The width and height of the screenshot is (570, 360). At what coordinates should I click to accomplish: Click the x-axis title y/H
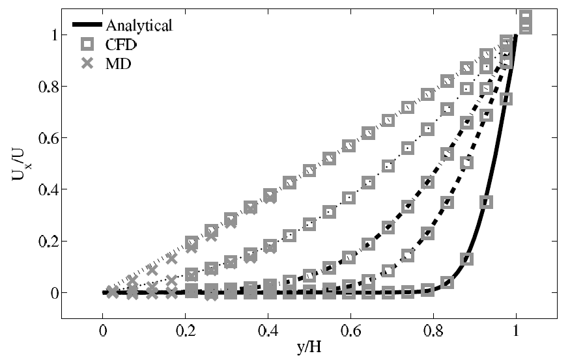click(x=309, y=348)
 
